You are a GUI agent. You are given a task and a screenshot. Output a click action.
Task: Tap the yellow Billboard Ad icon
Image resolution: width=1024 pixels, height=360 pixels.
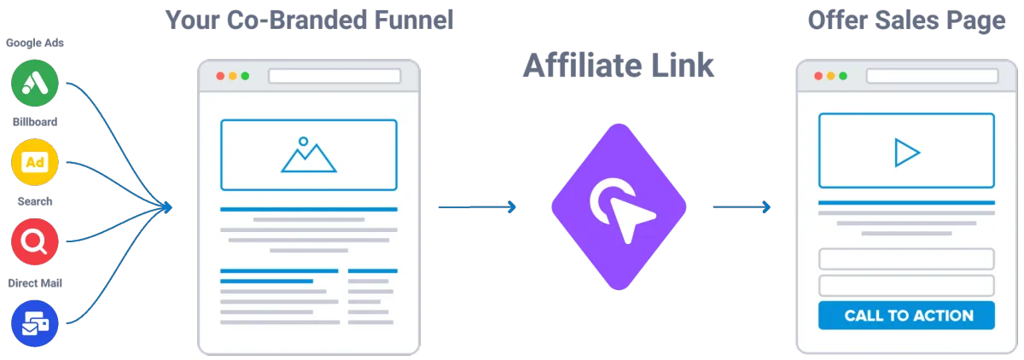[34, 162]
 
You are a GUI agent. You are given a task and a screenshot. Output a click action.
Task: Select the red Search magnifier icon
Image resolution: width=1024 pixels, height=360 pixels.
[34, 242]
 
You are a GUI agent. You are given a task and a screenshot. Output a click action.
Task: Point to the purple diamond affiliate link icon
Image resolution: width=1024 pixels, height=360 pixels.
[619, 207]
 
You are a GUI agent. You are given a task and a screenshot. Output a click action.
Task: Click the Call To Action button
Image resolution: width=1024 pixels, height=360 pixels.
[908, 316]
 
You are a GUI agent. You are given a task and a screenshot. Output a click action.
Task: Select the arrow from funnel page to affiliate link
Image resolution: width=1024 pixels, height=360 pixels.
[477, 207]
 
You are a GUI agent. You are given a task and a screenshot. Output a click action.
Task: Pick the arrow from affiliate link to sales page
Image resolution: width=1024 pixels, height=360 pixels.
[741, 207]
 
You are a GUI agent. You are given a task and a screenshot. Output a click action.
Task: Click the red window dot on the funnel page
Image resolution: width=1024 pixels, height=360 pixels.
[220, 76]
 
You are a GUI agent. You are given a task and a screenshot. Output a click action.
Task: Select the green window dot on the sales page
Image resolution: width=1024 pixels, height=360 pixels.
[842, 76]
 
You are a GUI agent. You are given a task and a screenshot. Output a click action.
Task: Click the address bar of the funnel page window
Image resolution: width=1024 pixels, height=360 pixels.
[335, 76]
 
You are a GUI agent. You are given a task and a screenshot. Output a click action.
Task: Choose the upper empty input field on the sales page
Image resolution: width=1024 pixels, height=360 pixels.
[906, 259]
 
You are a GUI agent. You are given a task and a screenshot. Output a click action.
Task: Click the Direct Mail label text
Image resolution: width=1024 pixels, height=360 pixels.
[34, 282]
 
